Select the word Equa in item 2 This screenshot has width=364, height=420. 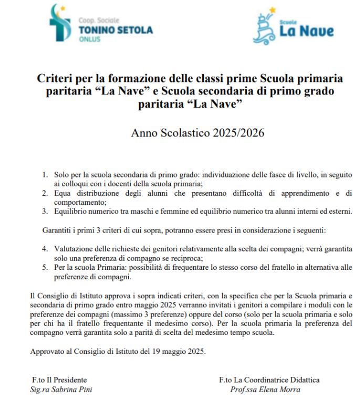[63, 193]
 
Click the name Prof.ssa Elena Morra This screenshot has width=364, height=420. [265, 389]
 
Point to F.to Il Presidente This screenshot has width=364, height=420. [59, 380]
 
